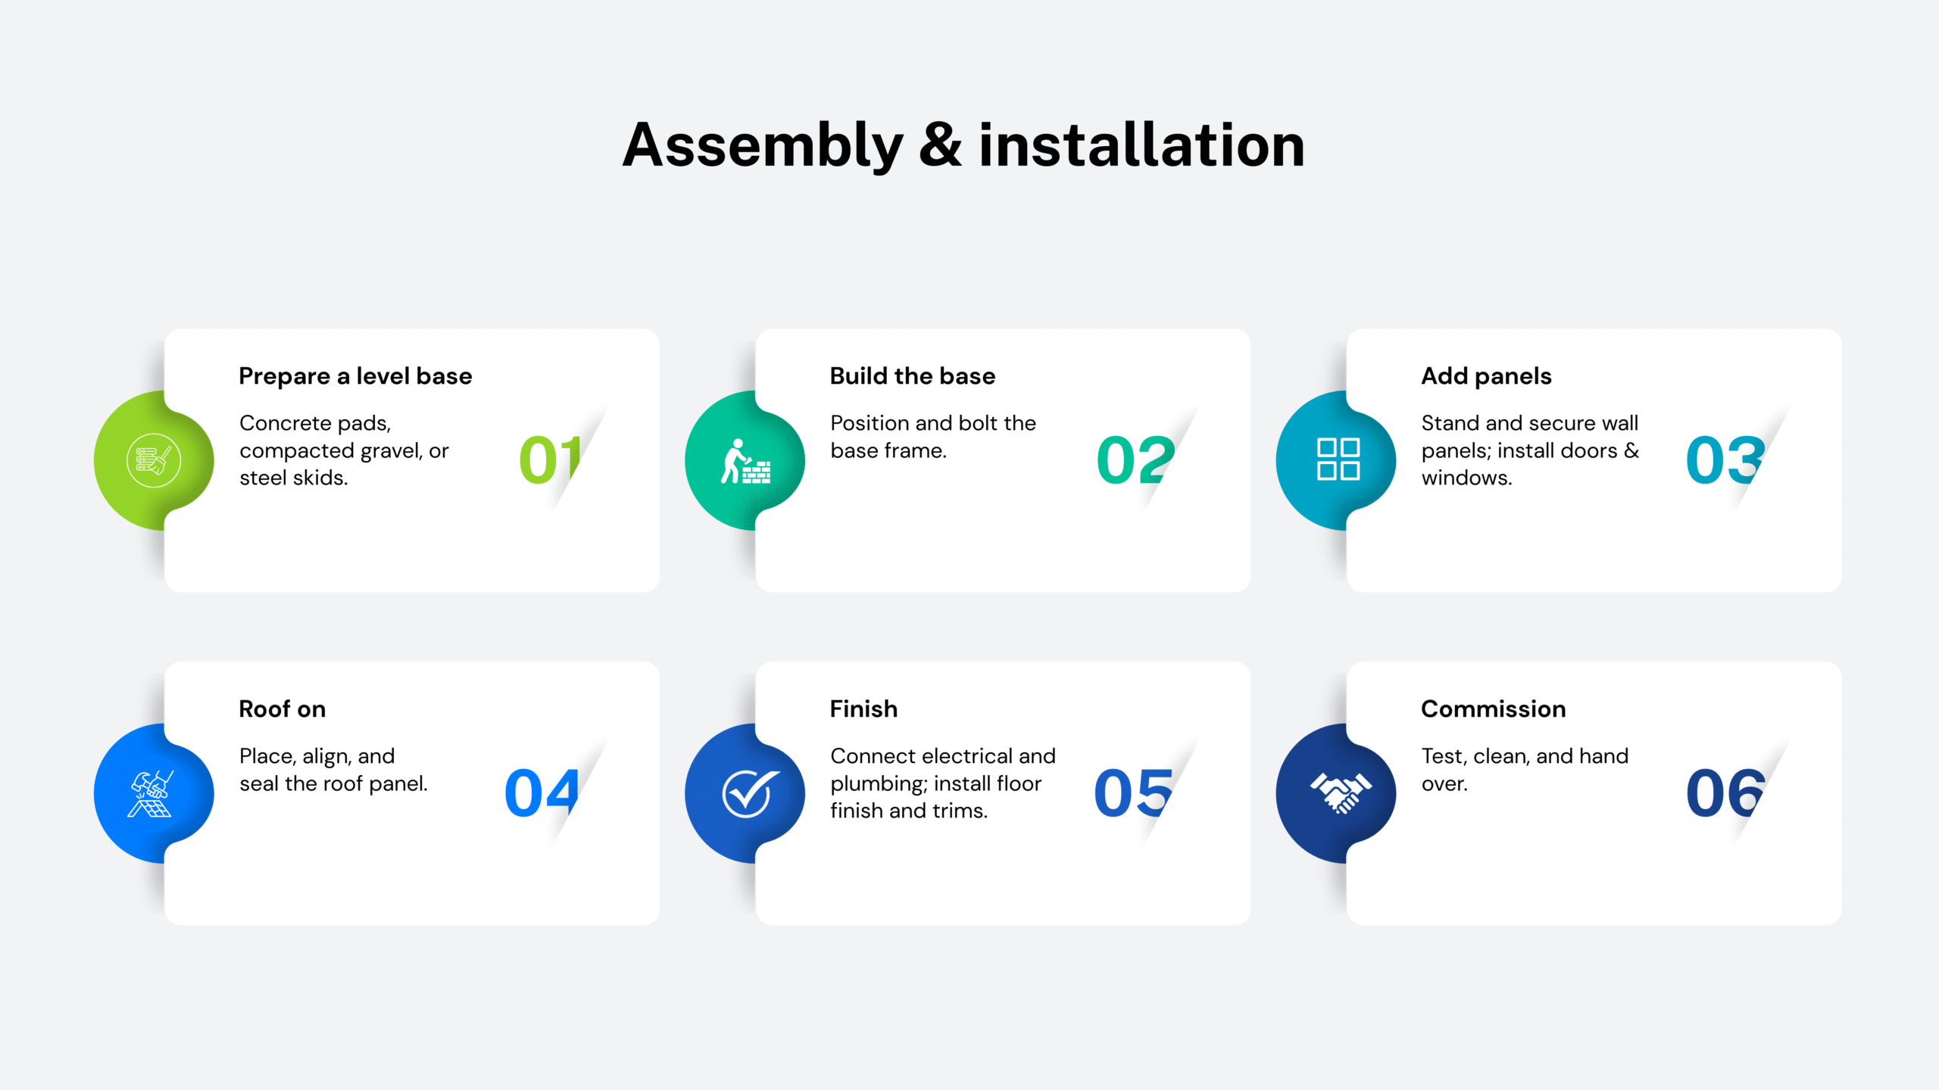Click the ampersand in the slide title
(x=940, y=145)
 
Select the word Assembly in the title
(x=763, y=146)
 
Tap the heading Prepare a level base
(x=355, y=376)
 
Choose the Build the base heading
(x=913, y=376)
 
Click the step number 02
(x=1135, y=459)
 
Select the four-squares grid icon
(x=1338, y=459)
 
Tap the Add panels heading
(x=1486, y=376)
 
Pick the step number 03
(x=1725, y=459)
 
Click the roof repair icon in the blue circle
(x=152, y=793)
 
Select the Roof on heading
(x=283, y=709)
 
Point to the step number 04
(x=542, y=793)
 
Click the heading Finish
(x=863, y=709)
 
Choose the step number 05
(x=1134, y=793)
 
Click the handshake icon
(x=1341, y=793)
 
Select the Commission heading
(x=1493, y=709)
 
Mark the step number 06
(x=1725, y=793)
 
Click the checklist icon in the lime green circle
(x=154, y=460)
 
